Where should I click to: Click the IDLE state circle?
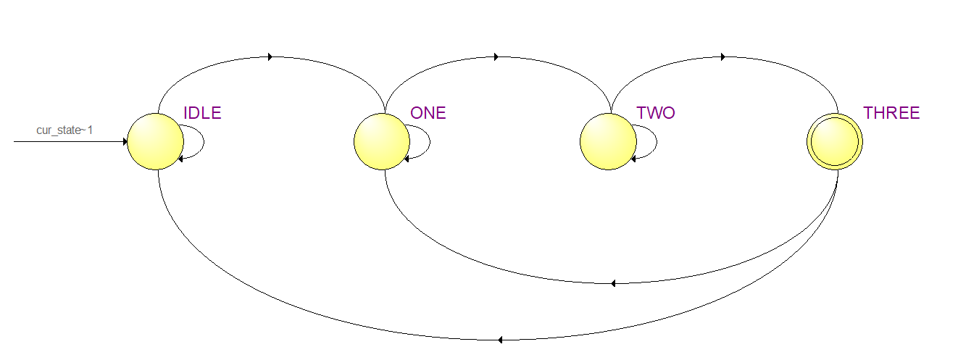(x=155, y=142)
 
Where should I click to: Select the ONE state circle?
(x=382, y=142)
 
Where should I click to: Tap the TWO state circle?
(x=609, y=142)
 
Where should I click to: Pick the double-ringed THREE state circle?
(x=836, y=142)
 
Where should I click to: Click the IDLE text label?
(x=202, y=113)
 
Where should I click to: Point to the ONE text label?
(x=428, y=113)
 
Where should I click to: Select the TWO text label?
(x=655, y=113)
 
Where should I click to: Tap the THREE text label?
(x=891, y=113)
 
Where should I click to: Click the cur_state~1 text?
(x=64, y=130)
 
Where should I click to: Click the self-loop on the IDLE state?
(x=203, y=141)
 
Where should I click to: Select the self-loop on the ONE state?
(x=430, y=141)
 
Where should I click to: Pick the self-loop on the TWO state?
(x=657, y=141)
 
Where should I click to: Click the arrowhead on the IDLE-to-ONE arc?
(x=270, y=56)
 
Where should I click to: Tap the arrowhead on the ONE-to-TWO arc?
(x=496, y=56)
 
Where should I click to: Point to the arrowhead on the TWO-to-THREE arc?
(x=723, y=56)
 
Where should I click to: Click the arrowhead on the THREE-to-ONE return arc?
(x=614, y=282)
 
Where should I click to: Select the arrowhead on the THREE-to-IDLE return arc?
(x=501, y=339)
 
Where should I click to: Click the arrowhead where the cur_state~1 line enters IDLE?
(x=125, y=142)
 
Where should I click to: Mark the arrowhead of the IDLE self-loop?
(x=180, y=158)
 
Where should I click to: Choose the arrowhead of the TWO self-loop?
(x=634, y=158)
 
